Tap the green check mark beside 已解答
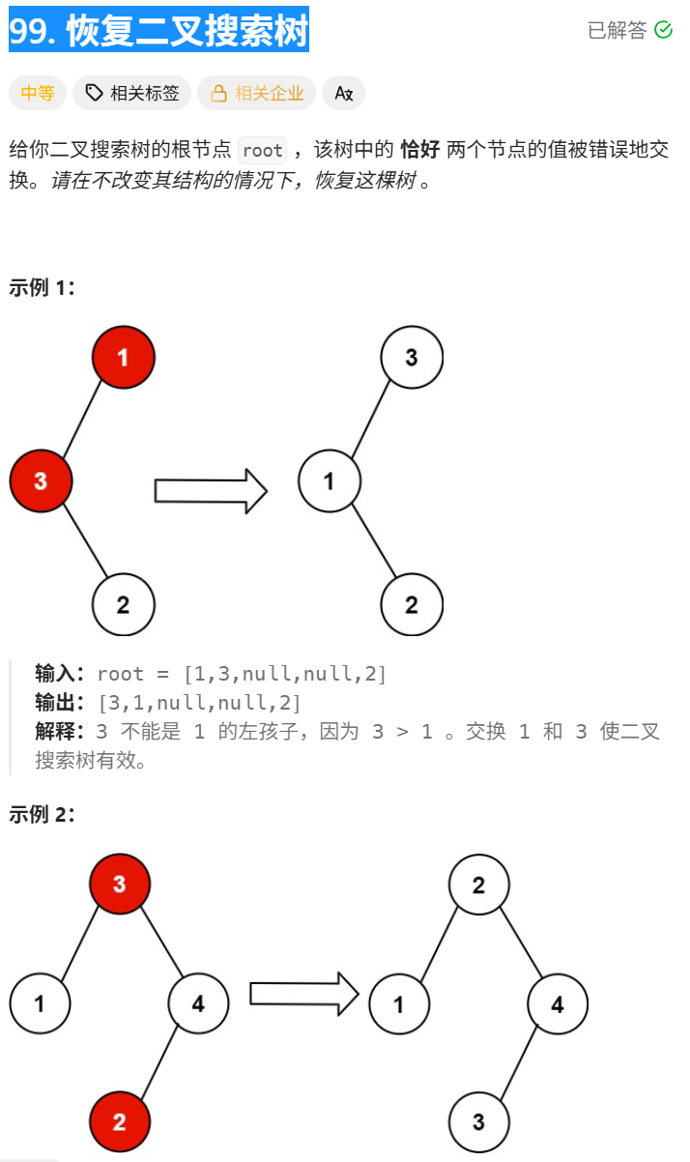coord(663,30)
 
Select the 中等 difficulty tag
coord(38,93)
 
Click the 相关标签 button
coord(132,93)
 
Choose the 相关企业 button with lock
coord(256,93)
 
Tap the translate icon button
coord(343,93)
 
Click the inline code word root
coord(262,150)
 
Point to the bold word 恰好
coord(420,150)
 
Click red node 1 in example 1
coord(123,358)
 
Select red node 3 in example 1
coord(41,480)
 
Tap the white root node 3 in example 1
coord(412,358)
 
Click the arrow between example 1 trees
coord(211,490)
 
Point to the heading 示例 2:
coord(42,814)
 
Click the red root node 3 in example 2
coord(119,884)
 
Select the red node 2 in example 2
coord(120,1121)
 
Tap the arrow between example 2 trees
coord(303,993)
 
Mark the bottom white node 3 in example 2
coord(478,1121)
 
